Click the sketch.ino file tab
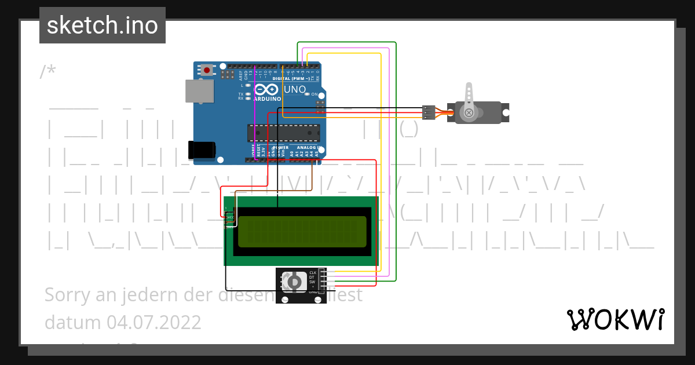click(x=103, y=25)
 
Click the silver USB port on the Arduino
click(x=199, y=91)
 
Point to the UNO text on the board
click(x=294, y=90)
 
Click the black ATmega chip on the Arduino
click(x=284, y=133)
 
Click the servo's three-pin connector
click(x=429, y=112)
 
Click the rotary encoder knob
click(x=294, y=282)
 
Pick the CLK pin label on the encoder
click(x=313, y=272)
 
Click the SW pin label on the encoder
click(x=313, y=282)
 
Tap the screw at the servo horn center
click(x=469, y=112)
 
